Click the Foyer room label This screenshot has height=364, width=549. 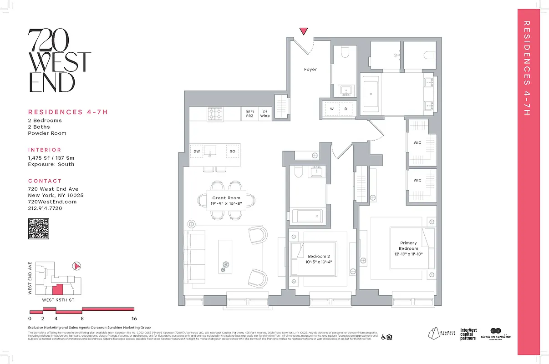point(310,70)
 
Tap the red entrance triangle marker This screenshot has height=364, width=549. point(304,31)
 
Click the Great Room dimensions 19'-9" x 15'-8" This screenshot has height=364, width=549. point(226,204)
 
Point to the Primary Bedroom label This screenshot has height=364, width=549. point(409,246)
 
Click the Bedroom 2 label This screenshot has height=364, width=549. point(318,257)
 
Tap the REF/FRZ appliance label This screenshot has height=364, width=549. point(249,114)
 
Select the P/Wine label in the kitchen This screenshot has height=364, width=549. point(265,114)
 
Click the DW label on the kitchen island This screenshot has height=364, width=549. point(197,151)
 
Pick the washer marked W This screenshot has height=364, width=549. point(332,109)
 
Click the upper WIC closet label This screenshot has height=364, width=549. point(417,143)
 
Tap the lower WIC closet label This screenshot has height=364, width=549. point(417,180)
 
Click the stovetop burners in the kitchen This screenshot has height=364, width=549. point(215,113)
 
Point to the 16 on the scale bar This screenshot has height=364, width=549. point(134,318)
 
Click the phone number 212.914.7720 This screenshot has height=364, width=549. point(45,208)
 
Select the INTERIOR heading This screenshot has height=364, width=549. point(45,150)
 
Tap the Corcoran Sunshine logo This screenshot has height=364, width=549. point(495,334)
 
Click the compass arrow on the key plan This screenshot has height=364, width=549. point(77,266)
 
